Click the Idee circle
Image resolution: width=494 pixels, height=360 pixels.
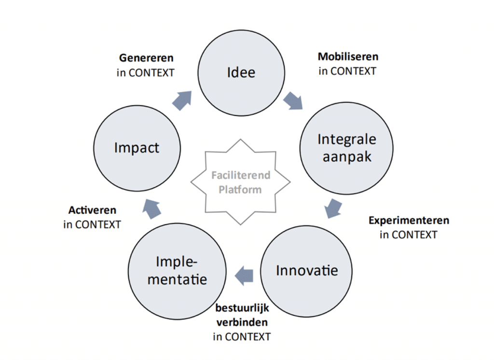click(x=241, y=73)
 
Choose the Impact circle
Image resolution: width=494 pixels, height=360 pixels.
click(x=137, y=148)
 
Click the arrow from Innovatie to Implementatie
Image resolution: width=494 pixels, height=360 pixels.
click(x=244, y=275)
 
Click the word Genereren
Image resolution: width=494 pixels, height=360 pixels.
click(x=146, y=58)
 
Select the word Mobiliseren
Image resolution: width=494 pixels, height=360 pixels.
click(x=348, y=56)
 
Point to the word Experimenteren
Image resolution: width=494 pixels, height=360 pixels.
click(x=409, y=221)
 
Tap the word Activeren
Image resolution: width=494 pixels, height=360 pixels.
click(x=92, y=210)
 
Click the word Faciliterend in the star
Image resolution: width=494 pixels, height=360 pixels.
click(x=240, y=175)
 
